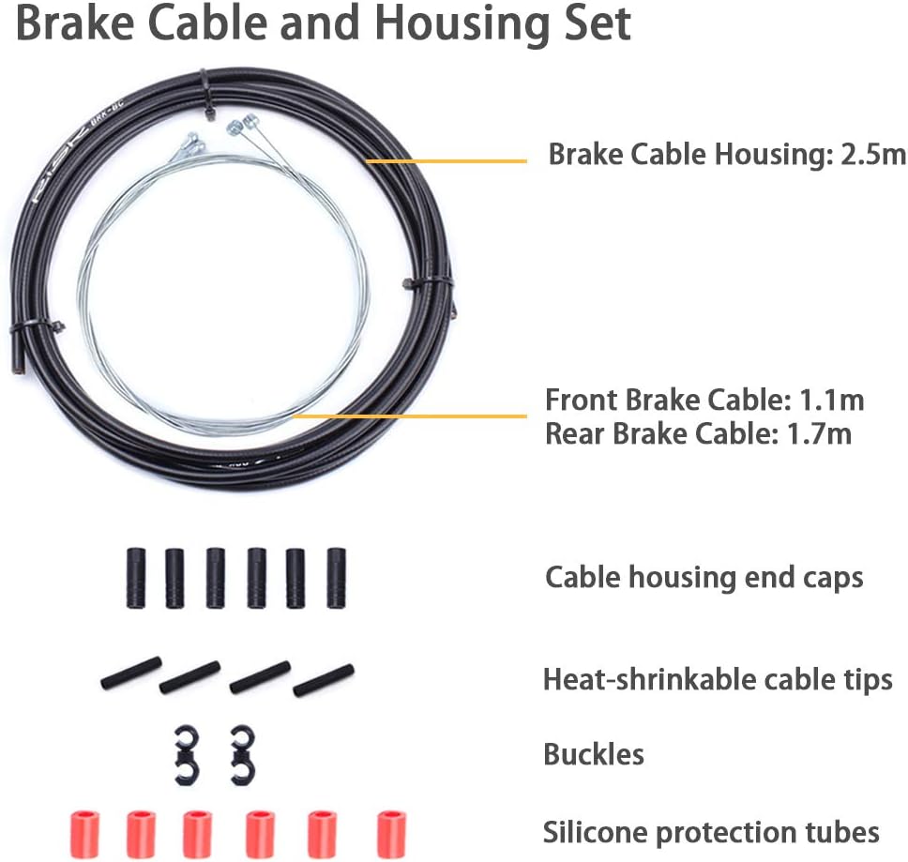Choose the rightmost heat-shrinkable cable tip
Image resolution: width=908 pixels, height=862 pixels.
click(x=324, y=680)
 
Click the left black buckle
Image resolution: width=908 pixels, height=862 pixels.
click(x=188, y=754)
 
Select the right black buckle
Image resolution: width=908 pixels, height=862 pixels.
click(x=242, y=754)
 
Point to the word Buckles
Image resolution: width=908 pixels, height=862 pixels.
click(x=594, y=754)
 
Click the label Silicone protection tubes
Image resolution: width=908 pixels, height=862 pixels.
click(x=711, y=832)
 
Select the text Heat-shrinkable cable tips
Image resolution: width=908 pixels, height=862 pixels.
click(x=718, y=678)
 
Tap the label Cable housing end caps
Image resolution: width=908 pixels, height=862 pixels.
click(x=704, y=577)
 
